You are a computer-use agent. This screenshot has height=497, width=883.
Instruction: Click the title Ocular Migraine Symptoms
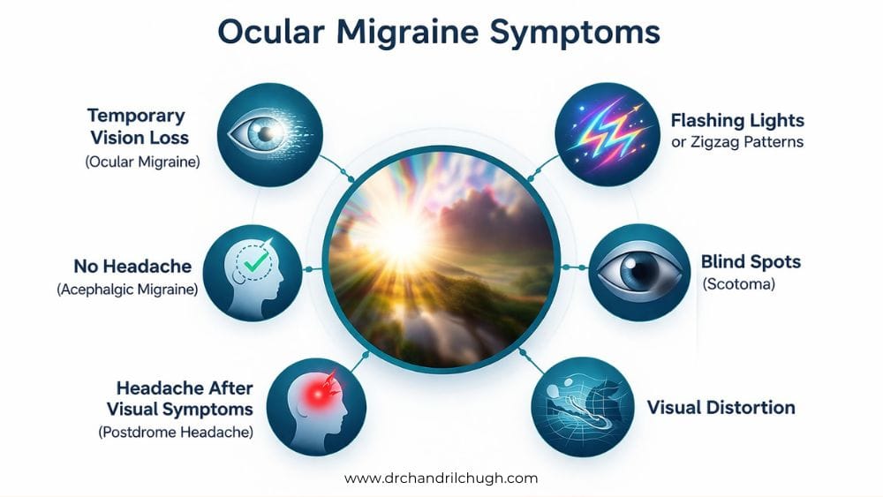pos(439,34)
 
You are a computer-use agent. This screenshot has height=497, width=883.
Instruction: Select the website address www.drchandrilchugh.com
pos(441,478)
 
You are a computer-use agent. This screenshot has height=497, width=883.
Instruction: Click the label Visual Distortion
pos(721,408)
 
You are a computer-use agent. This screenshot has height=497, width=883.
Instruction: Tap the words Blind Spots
pos(751,262)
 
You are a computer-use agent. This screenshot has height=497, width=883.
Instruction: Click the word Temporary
pos(136,116)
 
